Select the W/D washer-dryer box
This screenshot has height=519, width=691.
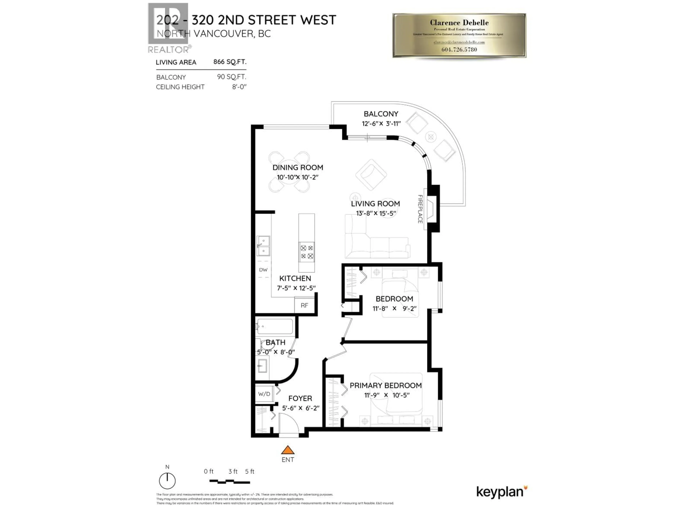click(x=264, y=394)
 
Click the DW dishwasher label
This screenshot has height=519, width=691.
click(x=263, y=270)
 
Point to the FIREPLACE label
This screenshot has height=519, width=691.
click(x=420, y=209)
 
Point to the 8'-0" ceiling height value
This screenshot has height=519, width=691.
click(x=239, y=87)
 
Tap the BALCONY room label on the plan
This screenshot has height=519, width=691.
click(x=381, y=114)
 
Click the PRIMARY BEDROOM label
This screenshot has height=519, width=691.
click(x=385, y=385)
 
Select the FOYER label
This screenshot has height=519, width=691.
click(x=300, y=398)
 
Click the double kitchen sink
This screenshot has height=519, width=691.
click(x=263, y=246)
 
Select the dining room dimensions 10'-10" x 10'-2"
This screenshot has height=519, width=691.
click(x=297, y=177)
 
